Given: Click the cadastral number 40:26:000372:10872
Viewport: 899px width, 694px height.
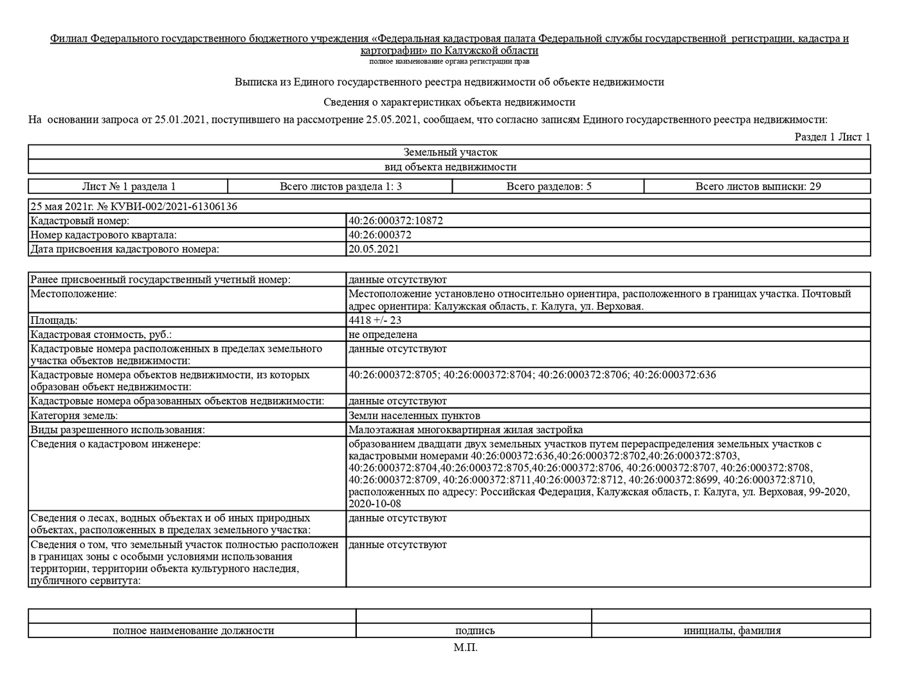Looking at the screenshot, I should click(x=395, y=220).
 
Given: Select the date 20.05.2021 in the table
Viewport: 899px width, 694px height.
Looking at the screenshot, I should click(x=374, y=249).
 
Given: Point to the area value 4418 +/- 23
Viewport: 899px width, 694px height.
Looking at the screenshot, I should click(x=375, y=320).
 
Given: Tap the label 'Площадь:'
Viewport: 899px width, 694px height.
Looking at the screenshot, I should click(x=54, y=320).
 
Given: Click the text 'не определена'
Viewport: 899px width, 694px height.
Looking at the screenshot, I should click(x=383, y=334).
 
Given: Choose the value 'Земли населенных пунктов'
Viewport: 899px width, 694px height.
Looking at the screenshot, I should click(x=414, y=415).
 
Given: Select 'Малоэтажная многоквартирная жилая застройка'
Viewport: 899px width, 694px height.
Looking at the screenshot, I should click(x=466, y=429).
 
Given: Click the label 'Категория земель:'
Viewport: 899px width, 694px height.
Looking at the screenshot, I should click(x=74, y=415).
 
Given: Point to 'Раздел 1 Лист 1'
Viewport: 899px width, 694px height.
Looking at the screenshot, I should click(x=832, y=136).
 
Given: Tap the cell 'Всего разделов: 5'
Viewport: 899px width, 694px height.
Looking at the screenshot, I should click(x=549, y=186).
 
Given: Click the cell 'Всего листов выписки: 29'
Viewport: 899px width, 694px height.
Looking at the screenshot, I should click(x=758, y=186).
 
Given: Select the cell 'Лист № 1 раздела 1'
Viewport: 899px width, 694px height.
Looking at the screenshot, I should click(x=129, y=186).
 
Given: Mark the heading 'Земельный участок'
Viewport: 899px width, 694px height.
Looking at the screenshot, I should click(x=450, y=152).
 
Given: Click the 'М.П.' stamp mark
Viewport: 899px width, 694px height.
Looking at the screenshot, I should click(x=465, y=647).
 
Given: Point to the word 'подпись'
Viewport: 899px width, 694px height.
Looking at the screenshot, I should click(x=475, y=630).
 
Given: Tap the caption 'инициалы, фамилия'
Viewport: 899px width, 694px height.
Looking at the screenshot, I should click(x=732, y=630).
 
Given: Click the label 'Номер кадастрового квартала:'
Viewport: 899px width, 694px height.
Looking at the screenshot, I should click(x=104, y=235).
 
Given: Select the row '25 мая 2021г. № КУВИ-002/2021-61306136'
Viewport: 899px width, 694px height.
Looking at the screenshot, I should click(x=134, y=206).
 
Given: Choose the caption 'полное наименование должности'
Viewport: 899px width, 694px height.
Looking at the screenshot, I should click(x=193, y=630).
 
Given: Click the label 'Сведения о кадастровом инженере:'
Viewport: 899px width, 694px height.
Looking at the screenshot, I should click(x=115, y=443).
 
